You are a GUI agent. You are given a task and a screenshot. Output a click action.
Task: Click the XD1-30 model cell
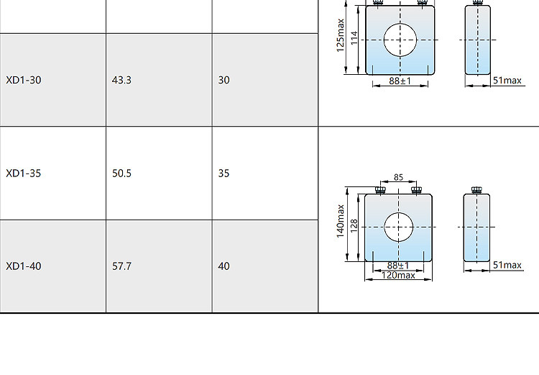24,80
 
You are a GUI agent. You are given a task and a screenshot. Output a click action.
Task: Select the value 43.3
121,80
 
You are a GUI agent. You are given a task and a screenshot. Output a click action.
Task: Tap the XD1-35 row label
24,173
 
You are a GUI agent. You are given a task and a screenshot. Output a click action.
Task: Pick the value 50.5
121,173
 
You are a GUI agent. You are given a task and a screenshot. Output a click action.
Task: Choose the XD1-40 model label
24,266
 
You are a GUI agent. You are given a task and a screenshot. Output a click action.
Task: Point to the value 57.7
121,266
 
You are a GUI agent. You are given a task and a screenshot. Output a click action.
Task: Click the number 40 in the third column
224,266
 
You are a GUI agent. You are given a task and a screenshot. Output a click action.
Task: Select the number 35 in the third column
224,173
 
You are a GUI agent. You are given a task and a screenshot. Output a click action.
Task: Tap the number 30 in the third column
224,80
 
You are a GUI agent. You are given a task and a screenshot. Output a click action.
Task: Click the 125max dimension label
340,35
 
